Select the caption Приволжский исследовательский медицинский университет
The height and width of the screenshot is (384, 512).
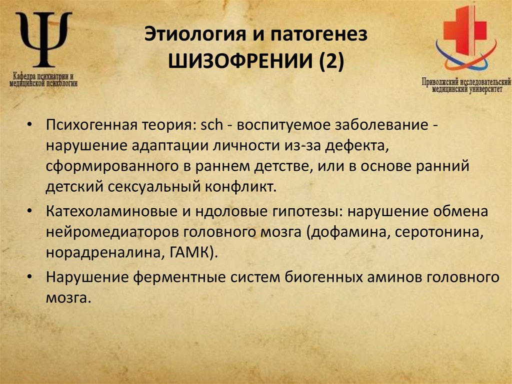coord(466,86)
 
